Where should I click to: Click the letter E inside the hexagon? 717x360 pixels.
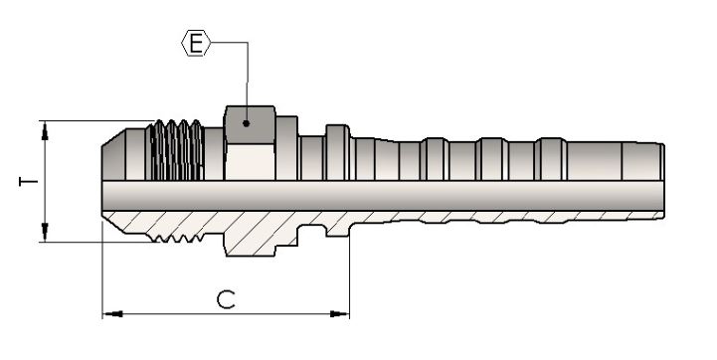[x=196, y=43]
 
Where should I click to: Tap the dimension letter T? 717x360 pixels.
[x=29, y=181]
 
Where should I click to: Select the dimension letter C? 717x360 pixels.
[x=226, y=299]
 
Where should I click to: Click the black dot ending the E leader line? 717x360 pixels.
[x=246, y=123]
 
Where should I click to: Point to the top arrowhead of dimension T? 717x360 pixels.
[x=45, y=131]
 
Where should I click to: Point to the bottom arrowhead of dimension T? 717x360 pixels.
[x=45, y=232]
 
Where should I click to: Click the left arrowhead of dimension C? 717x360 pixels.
[x=112, y=314]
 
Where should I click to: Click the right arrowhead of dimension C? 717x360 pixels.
[x=339, y=314]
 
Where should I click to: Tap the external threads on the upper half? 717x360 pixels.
[x=176, y=150]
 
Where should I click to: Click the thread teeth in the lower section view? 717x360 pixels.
[x=176, y=238]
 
